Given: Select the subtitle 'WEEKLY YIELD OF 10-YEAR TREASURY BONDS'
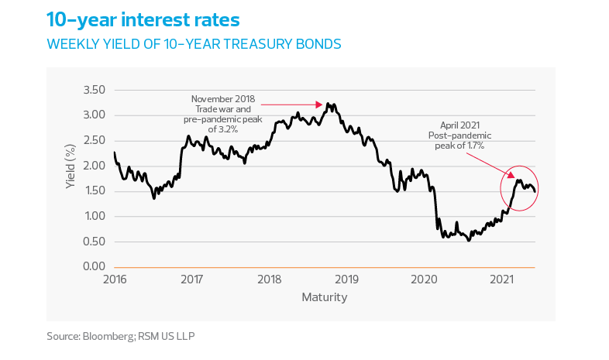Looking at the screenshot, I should (x=194, y=44).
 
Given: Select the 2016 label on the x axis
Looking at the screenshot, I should (x=115, y=279).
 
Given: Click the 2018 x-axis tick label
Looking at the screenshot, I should (x=270, y=279).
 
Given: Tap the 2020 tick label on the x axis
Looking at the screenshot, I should (x=425, y=279).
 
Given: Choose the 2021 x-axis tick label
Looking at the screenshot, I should (x=502, y=279).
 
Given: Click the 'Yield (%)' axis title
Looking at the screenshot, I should (x=71, y=166).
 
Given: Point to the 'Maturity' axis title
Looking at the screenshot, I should (x=324, y=297).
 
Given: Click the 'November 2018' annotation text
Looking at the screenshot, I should (x=223, y=99).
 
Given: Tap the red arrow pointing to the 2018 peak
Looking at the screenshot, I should (x=291, y=104).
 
